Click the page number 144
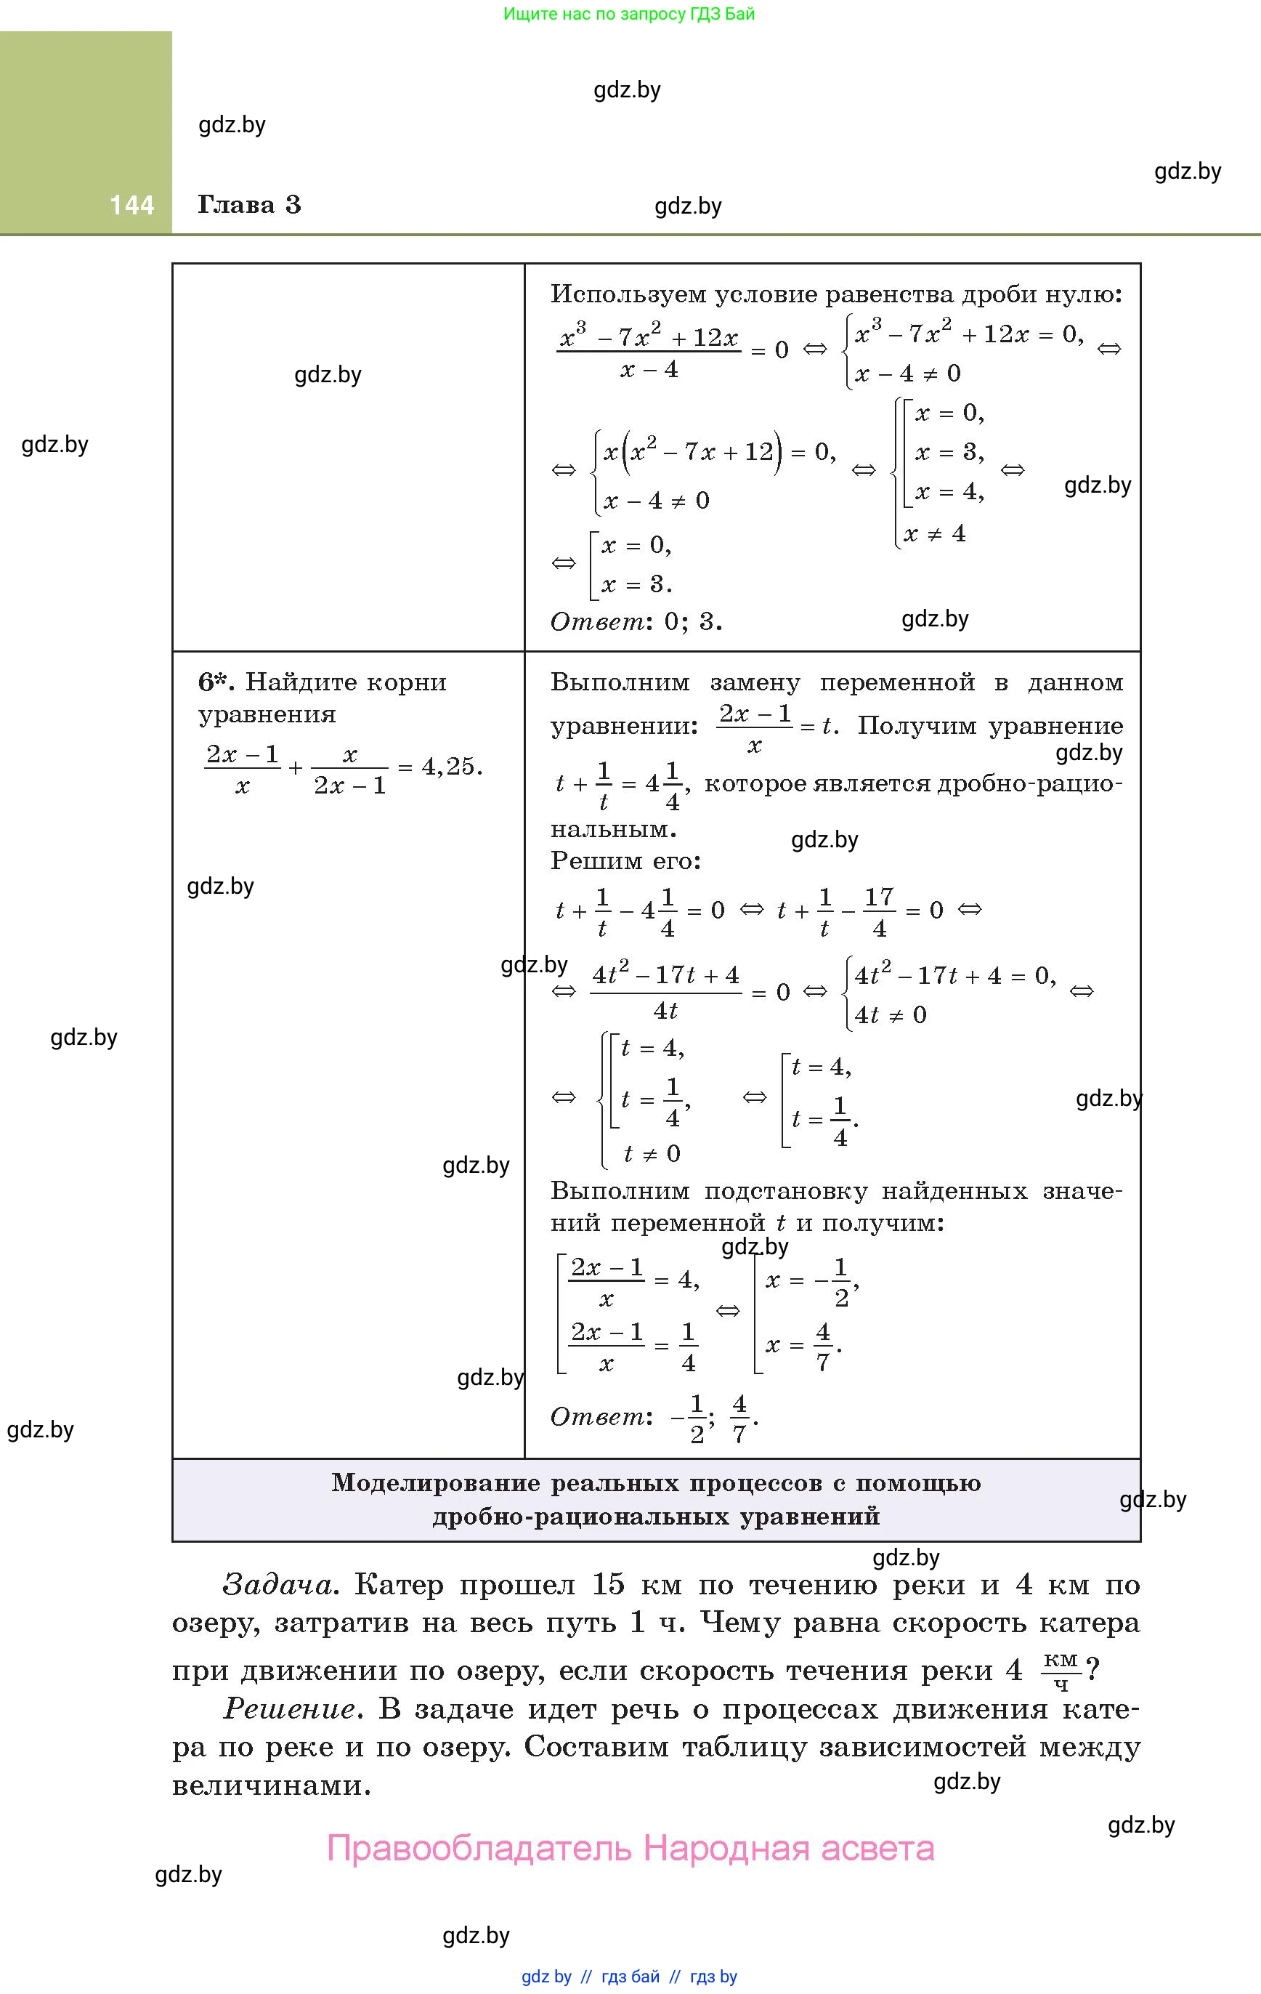(x=131, y=206)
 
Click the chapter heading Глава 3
(x=249, y=206)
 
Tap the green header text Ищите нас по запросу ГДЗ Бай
(x=629, y=14)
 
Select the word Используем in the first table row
(x=628, y=295)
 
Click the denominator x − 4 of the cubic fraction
(x=649, y=370)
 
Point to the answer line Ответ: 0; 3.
(x=636, y=621)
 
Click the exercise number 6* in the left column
(x=215, y=682)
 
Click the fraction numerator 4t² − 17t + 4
(x=665, y=975)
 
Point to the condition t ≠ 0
(x=652, y=1153)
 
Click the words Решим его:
(x=626, y=861)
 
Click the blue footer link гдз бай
(x=631, y=1977)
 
